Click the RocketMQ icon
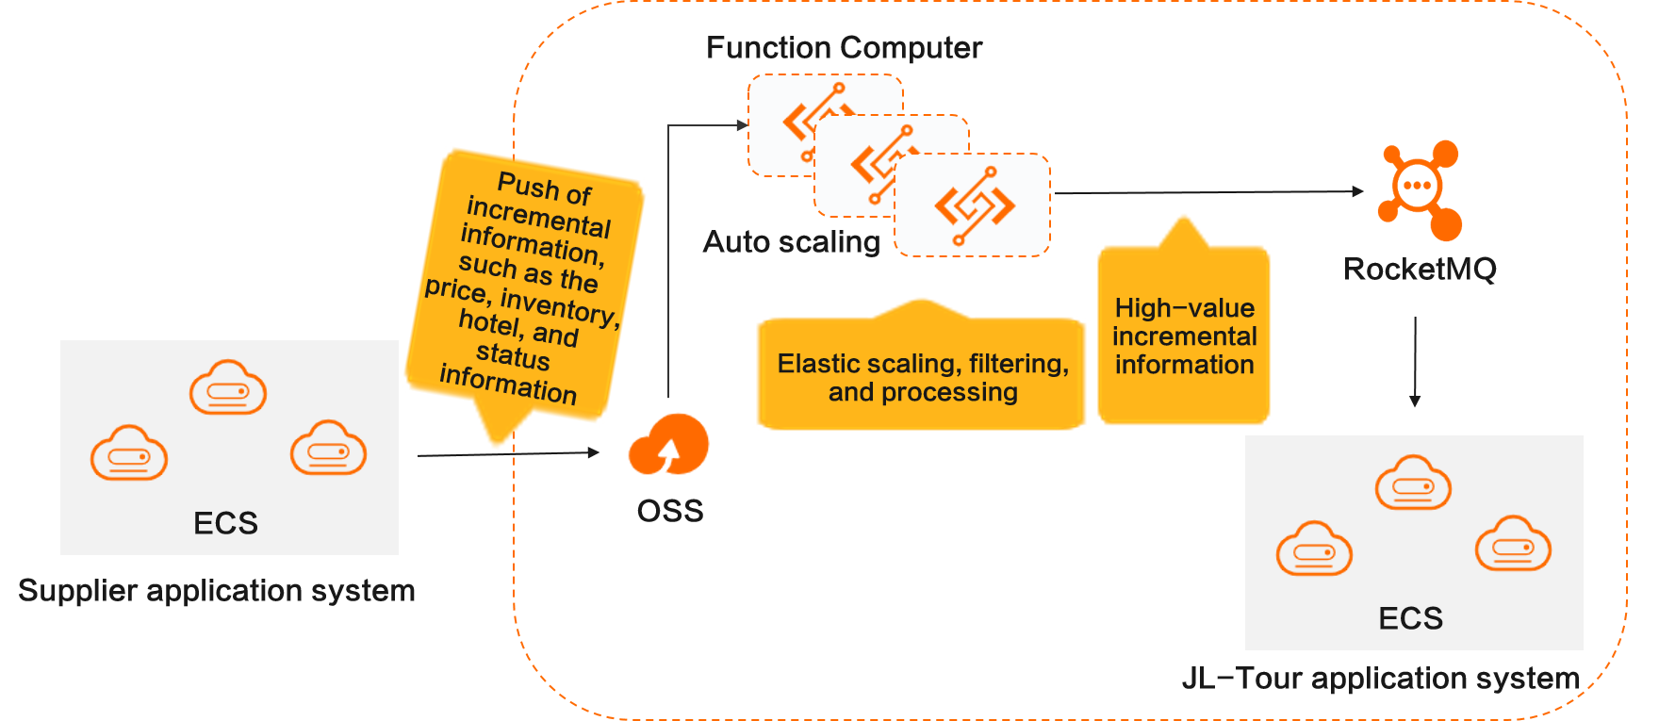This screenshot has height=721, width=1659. click(x=1420, y=188)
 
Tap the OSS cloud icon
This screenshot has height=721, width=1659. click(x=669, y=445)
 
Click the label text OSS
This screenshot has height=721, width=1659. click(x=670, y=511)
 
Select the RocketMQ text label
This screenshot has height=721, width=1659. click(x=1420, y=270)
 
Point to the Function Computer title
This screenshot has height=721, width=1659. click(x=844, y=48)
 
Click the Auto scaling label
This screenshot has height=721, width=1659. click(x=791, y=242)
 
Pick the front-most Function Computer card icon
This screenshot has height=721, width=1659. click(x=974, y=205)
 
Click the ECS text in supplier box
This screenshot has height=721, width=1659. click(x=225, y=523)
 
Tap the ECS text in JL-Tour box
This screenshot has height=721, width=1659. click(x=1410, y=618)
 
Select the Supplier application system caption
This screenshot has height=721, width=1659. click(x=217, y=591)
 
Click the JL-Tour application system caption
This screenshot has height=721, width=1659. click(x=1380, y=679)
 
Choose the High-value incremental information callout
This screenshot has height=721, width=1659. click(x=1184, y=336)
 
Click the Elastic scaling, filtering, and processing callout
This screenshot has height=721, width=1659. click(x=922, y=377)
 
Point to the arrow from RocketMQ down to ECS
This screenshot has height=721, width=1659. click(x=1415, y=363)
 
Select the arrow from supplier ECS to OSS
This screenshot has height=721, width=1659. click(x=509, y=453)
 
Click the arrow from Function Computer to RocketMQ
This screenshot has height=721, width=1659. click(x=1207, y=192)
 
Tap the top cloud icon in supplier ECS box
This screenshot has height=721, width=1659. click(x=228, y=387)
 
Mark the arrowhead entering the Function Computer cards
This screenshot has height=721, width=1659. click(x=742, y=124)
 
